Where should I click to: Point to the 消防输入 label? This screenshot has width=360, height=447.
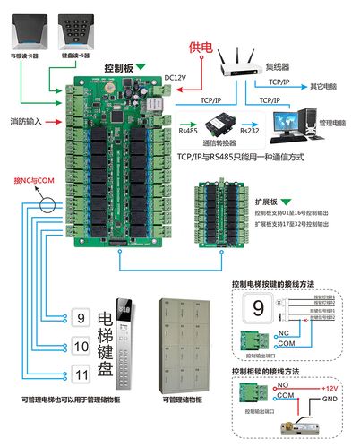point(25,120)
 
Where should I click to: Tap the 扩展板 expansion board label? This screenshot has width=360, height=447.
point(270,202)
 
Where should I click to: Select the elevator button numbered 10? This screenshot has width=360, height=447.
point(80,346)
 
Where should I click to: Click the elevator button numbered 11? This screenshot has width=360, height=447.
point(80,375)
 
